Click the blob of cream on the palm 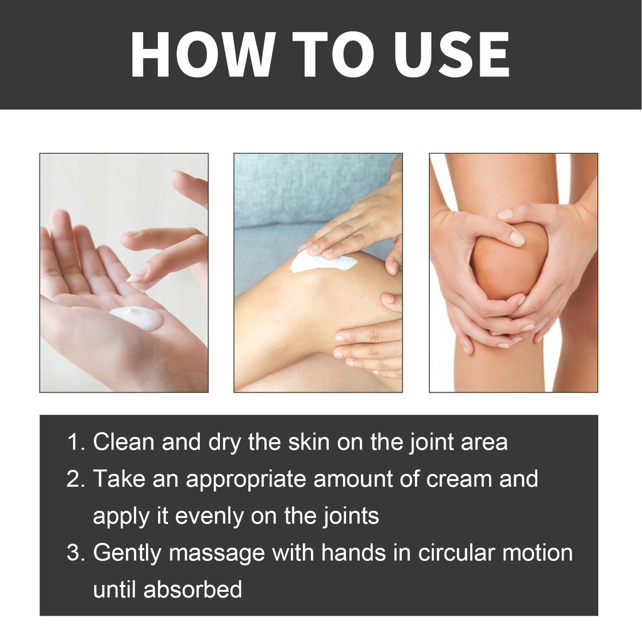137,318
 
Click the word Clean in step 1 124,442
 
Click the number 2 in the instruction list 75,479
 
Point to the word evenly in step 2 209,517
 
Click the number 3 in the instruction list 75,553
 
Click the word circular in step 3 456,553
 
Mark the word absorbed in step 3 192,589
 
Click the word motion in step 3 537,553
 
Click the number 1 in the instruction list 75,442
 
